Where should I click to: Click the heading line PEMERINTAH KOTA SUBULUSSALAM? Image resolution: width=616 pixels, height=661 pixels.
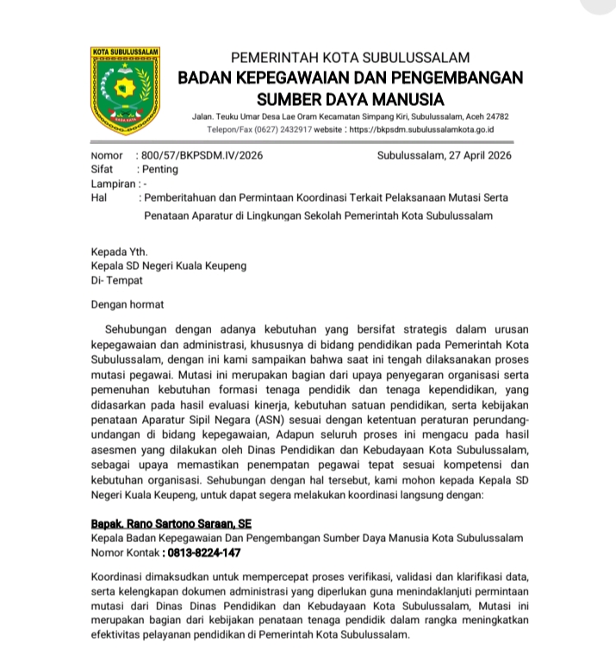(351, 58)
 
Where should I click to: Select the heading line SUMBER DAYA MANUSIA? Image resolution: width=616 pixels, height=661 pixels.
(351, 99)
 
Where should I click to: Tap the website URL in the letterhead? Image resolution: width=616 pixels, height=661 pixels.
(421, 129)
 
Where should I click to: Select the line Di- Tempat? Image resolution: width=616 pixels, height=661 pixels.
(117, 280)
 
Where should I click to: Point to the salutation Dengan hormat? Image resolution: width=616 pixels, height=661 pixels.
(128, 304)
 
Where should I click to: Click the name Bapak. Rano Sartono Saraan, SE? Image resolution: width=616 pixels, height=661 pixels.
(171, 523)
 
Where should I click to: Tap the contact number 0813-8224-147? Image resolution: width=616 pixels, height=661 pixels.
(203, 552)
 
